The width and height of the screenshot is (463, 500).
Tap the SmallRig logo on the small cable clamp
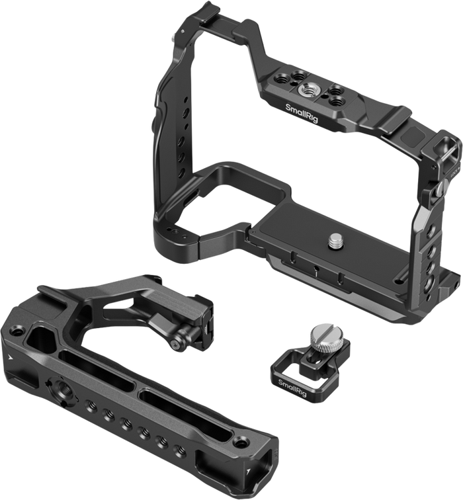pyautogui.click(x=292, y=388)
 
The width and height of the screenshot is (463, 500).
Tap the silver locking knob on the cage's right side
pyautogui.click(x=441, y=188)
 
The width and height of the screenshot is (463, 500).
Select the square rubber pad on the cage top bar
pyautogui.click(x=409, y=136)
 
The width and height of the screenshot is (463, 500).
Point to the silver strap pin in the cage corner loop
pyautogui.click(x=449, y=153)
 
